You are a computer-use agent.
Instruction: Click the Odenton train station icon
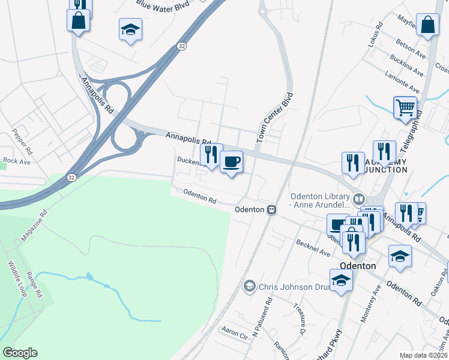click(x=272, y=209)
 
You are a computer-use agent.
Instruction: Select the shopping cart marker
click(x=405, y=108)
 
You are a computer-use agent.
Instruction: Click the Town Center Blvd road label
click(x=275, y=118)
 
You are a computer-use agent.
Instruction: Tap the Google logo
click(x=20, y=353)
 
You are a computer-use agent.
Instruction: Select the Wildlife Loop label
click(x=17, y=277)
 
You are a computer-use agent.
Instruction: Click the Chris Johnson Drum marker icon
click(x=249, y=287)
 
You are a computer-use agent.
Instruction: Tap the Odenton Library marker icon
click(x=359, y=197)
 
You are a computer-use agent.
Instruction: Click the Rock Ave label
click(x=16, y=161)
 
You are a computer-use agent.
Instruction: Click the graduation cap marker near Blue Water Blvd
click(x=130, y=30)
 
